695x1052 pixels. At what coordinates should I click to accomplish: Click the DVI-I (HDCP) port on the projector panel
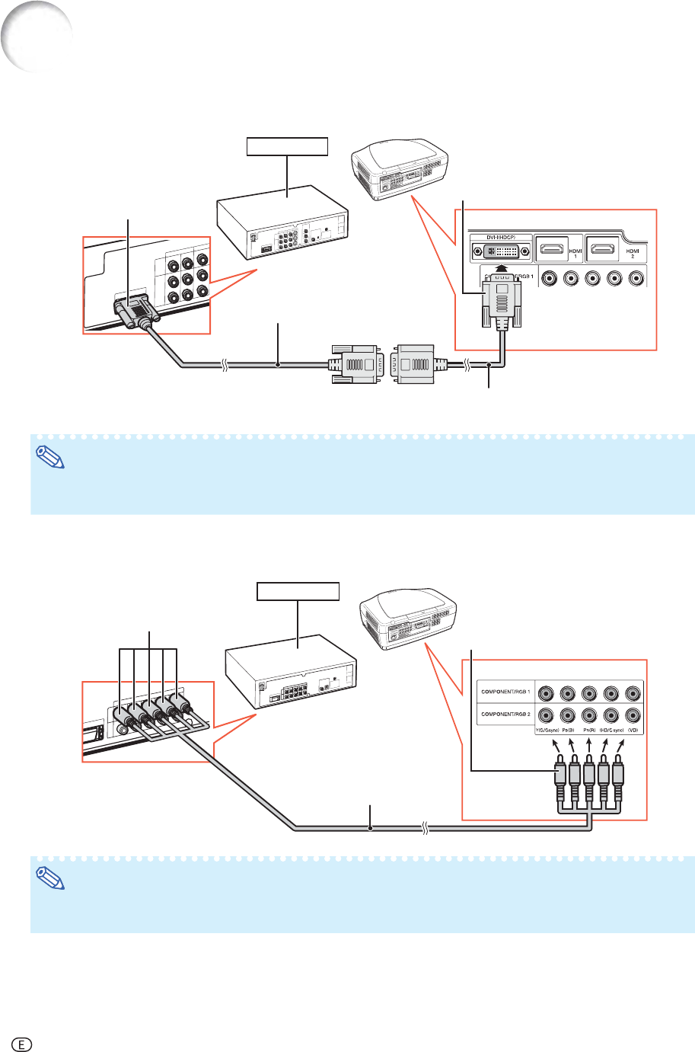(x=500, y=251)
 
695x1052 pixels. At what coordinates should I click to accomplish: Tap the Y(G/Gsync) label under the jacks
(x=546, y=730)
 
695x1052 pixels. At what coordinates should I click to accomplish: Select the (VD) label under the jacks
(x=633, y=730)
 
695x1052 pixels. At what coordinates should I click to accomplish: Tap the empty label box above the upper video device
(x=287, y=145)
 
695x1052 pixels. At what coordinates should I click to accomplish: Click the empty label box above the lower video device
(x=297, y=590)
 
